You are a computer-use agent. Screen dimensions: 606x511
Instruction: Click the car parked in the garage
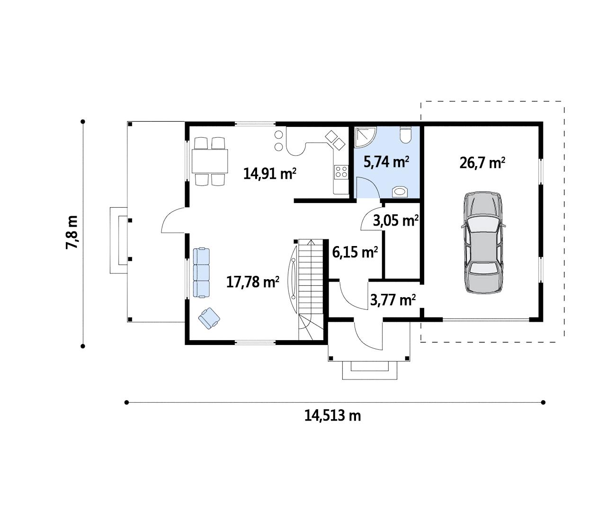tap(483, 242)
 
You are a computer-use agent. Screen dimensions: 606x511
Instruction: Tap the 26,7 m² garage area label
tap(482, 163)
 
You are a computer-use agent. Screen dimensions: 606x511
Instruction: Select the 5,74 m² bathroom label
tap(387, 162)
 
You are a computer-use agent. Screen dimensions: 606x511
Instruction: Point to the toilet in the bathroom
tap(405, 134)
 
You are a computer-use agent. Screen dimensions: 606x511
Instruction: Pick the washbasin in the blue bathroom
tap(400, 192)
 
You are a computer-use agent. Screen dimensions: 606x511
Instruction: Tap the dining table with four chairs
tap(210, 161)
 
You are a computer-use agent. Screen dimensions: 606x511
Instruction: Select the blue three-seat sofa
tap(201, 273)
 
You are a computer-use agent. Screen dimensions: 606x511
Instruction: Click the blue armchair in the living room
tap(209, 318)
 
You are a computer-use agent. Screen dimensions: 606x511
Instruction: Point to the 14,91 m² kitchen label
tap(270, 174)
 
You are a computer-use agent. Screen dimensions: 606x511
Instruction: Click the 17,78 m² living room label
tap(252, 282)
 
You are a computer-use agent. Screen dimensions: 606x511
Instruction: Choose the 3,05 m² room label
tap(396, 220)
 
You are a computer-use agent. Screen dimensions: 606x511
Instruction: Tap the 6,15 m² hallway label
tap(355, 252)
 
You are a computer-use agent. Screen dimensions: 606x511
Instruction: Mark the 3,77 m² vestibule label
tap(393, 300)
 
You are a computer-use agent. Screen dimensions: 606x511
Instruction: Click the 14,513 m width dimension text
tap(333, 415)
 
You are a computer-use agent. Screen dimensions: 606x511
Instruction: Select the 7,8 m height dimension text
tap(71, 232)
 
